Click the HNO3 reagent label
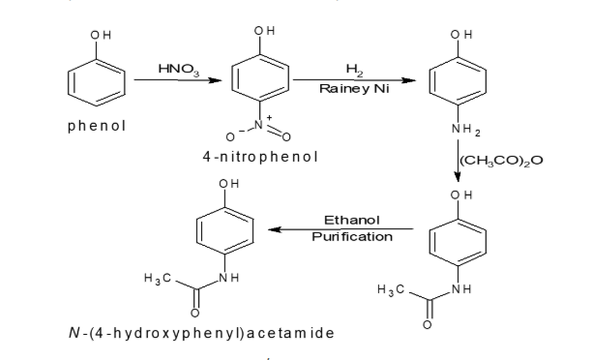pos(174,68)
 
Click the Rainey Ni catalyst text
pos(351,88)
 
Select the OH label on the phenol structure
pos(100,36)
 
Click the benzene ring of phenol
pos(97,81)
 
